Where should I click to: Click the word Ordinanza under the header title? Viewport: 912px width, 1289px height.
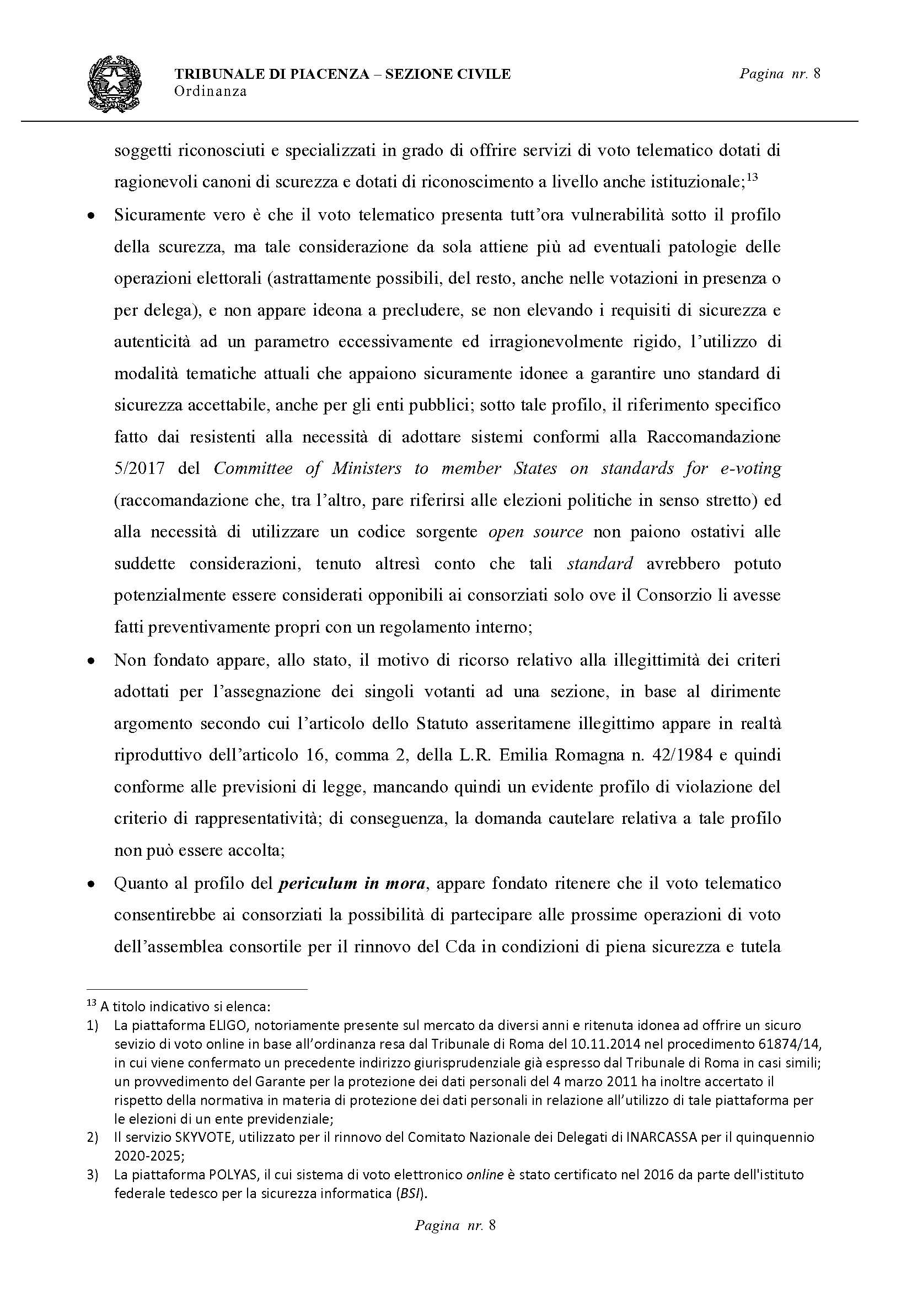click(x=210, y=91)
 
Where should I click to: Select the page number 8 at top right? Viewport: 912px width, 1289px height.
click(x=817, y=73)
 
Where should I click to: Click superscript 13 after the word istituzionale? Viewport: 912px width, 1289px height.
click(x=753, y=179)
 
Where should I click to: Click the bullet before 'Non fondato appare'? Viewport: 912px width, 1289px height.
click(x=90, y=662)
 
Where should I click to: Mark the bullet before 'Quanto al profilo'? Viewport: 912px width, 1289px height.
click(x=90, y=885)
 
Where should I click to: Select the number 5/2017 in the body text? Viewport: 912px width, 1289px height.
click(x=140, y=468)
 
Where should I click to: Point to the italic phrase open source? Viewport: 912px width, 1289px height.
click(x=535, y=532)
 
